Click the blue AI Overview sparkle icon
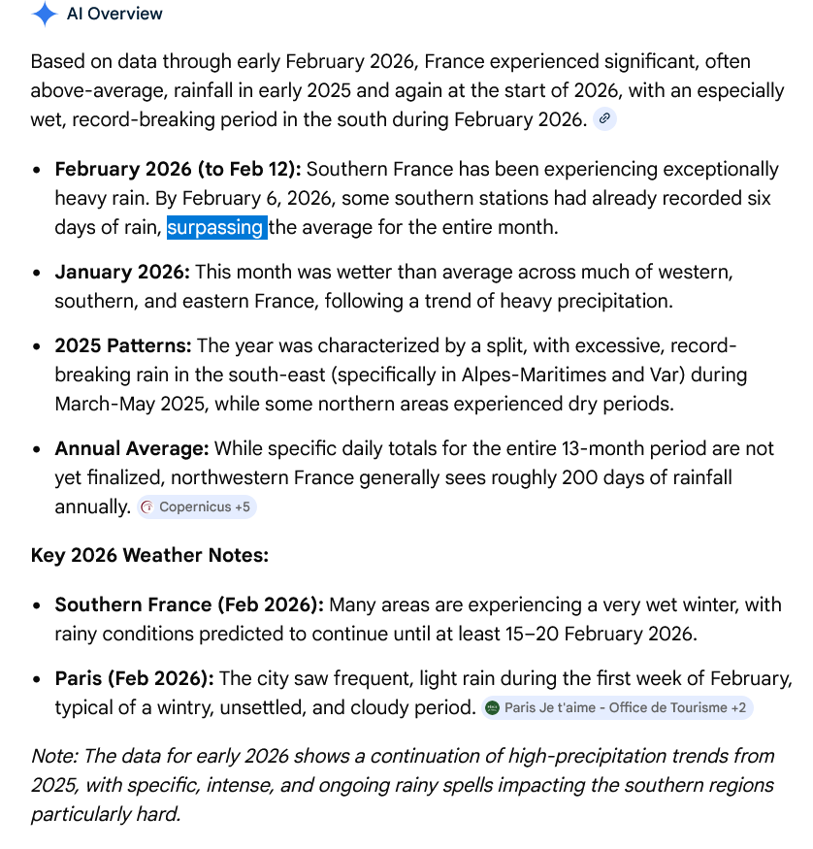pos(44,15)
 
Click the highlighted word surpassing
pos(216,228)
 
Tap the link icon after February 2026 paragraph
pos(604,118)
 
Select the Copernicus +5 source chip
pos(197,506)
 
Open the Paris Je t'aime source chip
pos(617,707)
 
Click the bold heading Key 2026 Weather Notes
pos(149,556)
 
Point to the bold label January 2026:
pos(122,272)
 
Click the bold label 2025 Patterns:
pos(123,345)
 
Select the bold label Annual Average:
pos(132,448)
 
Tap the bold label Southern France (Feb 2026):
pos(189,604)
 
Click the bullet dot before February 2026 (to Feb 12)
pos(36,170)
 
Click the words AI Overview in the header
pos(114,15)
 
